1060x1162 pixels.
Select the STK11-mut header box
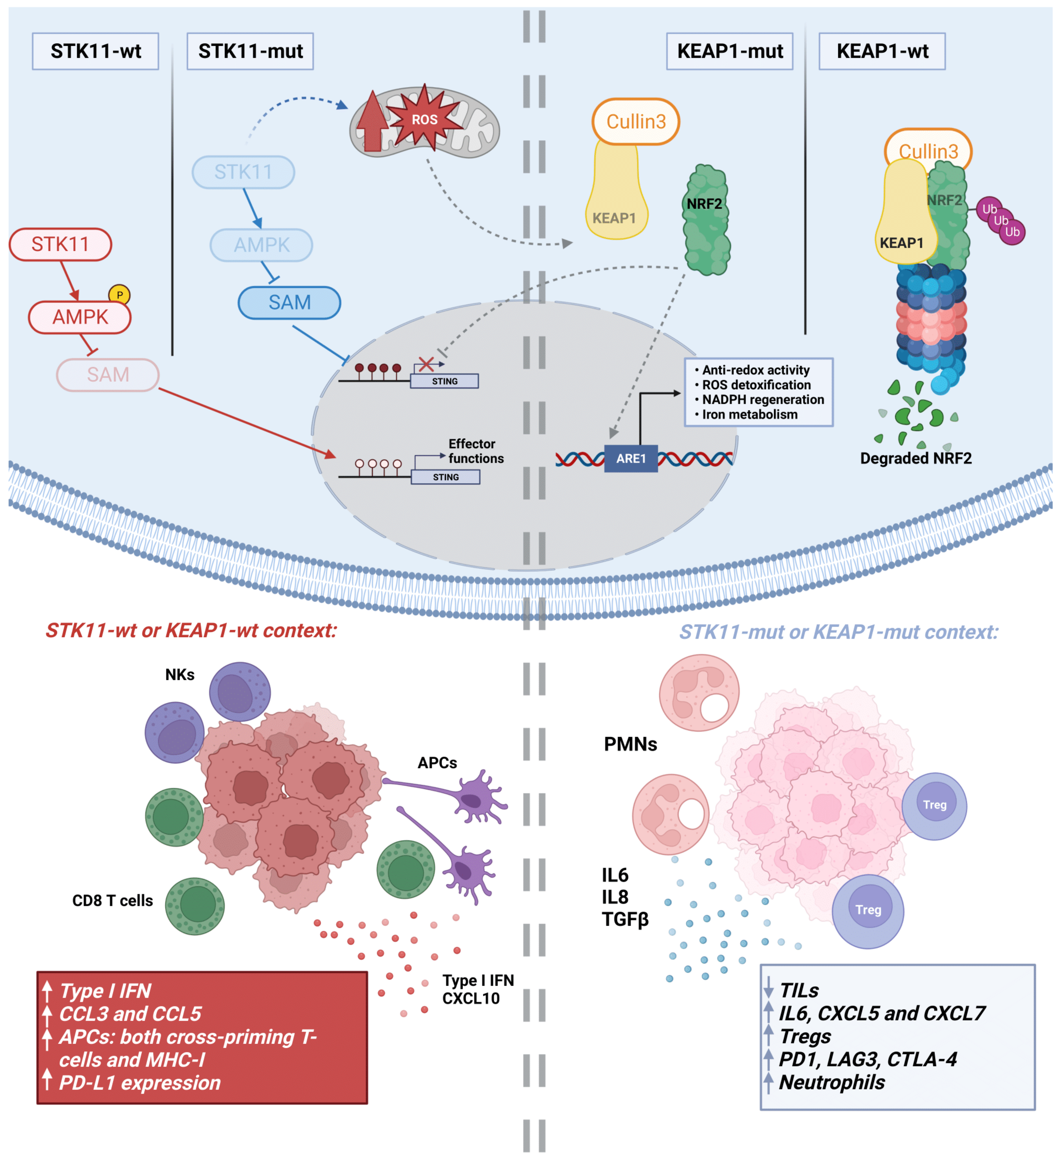point(250,51)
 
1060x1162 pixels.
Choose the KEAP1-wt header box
point(882,51)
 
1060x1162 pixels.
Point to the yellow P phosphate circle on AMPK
point(119,295)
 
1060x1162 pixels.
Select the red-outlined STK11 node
point(60,244)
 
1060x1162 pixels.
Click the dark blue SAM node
point(290,303)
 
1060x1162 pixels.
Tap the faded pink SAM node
point(108,375)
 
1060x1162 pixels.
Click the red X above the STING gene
point(426,364)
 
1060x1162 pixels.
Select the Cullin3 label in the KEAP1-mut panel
point(636,122)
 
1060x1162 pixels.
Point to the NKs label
point(180,675)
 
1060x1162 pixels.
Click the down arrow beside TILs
point(768,989)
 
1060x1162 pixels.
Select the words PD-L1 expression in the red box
point(140,1083)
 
